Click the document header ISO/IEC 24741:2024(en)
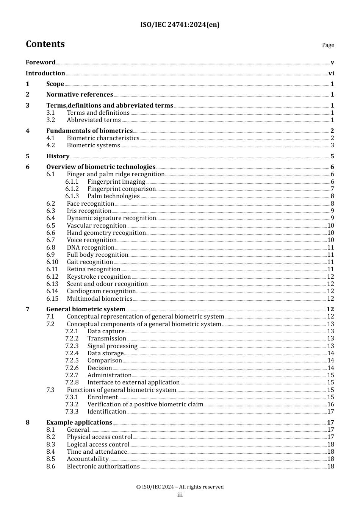point(180,25)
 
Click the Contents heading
point(45,44)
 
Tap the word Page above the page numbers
point(328,45)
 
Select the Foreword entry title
point(41,62)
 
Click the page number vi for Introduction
point(331,73)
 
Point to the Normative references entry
point(80,95)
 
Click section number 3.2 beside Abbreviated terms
point(51,120)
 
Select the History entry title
point(58,156)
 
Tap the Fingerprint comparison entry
point(121,189)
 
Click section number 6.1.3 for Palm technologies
point(72,196)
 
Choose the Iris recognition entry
point(89,211)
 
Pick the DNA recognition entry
point(91,248)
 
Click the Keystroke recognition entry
point(99,277)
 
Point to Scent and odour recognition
point(107,284)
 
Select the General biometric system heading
point(86,309)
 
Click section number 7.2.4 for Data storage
point(72,353)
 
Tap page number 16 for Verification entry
point(330,404)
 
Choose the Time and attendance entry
point(97,452)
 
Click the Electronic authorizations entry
point(103,467)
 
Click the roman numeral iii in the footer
point(180,495)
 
